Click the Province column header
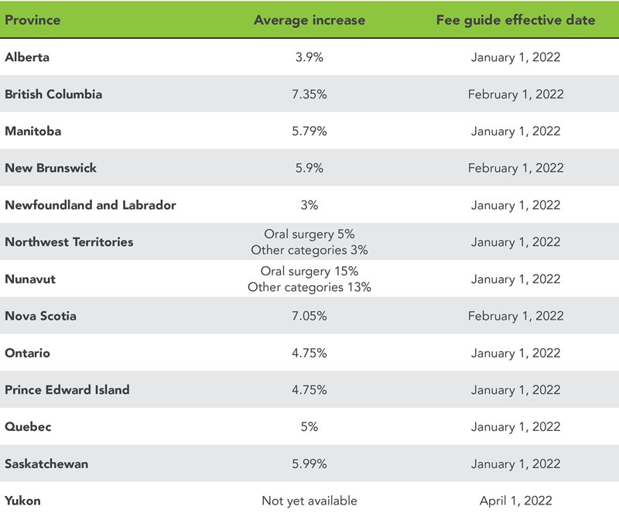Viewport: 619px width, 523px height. click(32, 20)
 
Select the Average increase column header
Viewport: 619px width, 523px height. click(309, 20)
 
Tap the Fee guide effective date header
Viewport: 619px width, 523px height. click(515, 20)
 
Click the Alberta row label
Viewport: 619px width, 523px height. click(27, 57)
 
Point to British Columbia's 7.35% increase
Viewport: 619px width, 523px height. click(309, 94)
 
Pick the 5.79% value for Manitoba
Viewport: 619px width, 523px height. click(309, 132)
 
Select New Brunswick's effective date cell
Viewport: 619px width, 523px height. click(515, 168)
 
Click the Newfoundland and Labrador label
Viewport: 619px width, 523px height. click(91, 205)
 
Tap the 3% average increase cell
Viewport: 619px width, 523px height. click(309, 205)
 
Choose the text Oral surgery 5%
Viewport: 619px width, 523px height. click(309, 234)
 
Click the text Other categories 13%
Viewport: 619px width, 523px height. click(309, 287)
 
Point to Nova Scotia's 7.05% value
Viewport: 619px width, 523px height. click(309, 316)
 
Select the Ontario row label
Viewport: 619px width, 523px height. click(28, 353)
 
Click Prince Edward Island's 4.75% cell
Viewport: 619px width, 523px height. click(309, 390)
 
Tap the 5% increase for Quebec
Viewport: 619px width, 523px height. click(309, 426)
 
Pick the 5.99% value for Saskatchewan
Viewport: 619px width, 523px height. click(309, 463)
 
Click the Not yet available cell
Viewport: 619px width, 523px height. click(309, 501)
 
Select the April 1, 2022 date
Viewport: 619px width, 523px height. click(515, 501)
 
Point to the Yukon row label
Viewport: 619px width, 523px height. click(22, 501)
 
